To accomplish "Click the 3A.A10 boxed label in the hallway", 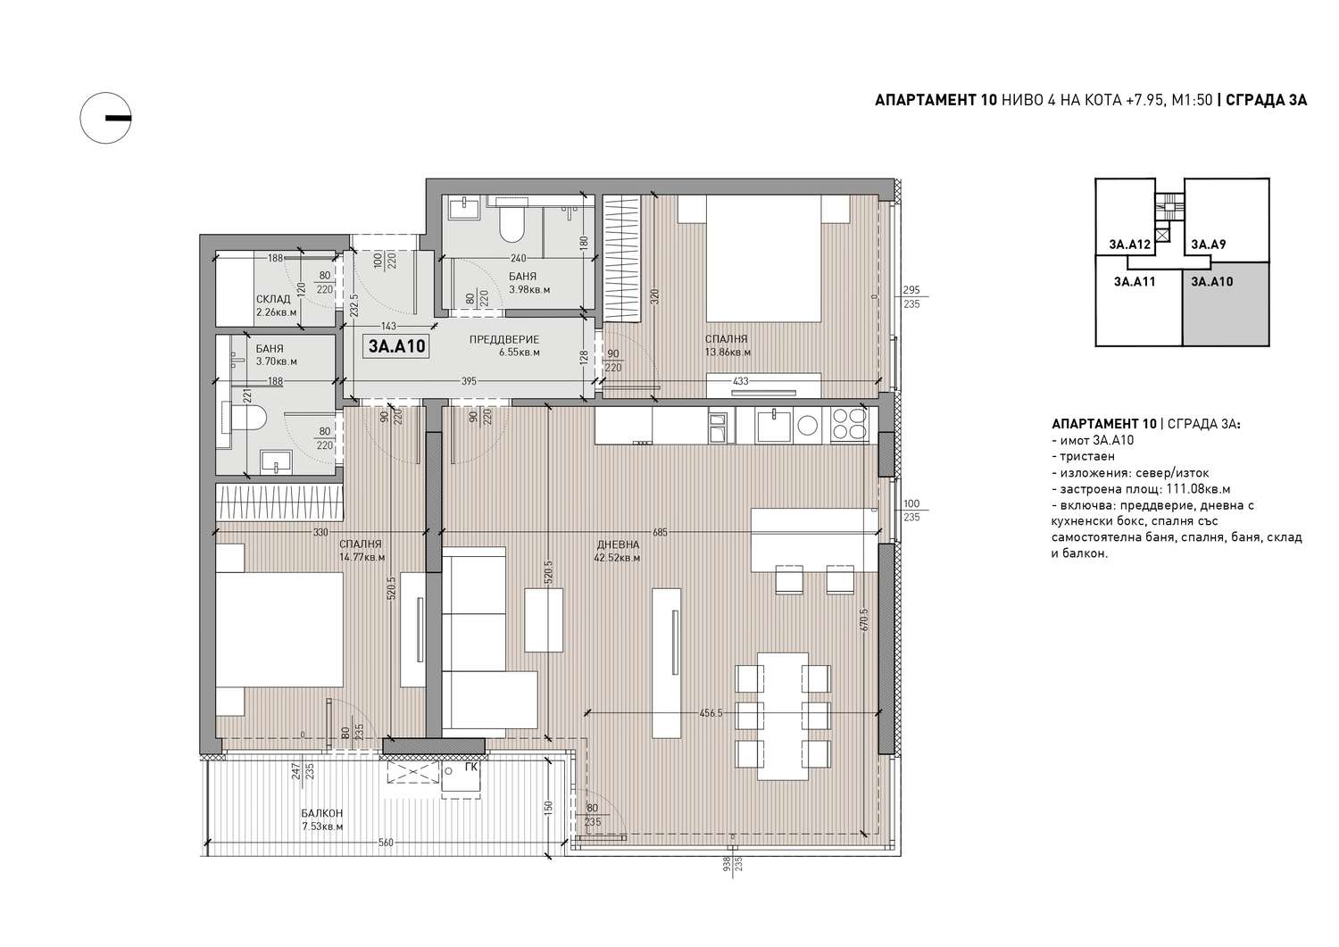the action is click(x=396, y=346).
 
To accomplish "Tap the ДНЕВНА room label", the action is click(x=618, y=544).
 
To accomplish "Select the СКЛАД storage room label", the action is click(x=273, y=299).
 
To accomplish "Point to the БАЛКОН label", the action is click(x=321, y=813).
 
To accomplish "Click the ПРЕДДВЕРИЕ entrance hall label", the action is click(x=504, y=339).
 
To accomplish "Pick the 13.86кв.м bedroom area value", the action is click(x=728, y=353).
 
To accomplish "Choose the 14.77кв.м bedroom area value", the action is click(x=362, y=558).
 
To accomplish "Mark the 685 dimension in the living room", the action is click(x=660, y=532).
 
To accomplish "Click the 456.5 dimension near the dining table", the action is click(x=711, y=712).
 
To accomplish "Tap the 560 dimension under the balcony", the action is click(x=387, y=843).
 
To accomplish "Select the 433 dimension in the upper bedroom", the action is click(x=741, y=381).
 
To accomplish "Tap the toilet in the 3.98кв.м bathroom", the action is click(x=511, y=223).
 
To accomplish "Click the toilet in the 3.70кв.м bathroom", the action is click(x=245, y=418).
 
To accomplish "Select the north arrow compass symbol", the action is click(x=106, y=118).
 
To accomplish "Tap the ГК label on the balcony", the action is click(x=471, y=767).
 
